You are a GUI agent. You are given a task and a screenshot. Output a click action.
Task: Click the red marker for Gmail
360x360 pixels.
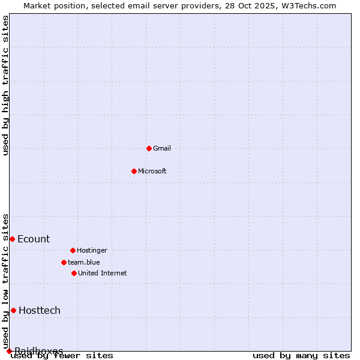149,148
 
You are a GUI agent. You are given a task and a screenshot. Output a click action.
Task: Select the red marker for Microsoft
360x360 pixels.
134,171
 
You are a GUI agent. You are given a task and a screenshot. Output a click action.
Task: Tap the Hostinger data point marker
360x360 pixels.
73,250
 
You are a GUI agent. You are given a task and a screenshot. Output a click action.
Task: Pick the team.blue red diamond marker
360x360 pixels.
64,262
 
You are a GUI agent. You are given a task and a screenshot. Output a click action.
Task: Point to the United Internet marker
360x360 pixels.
74,273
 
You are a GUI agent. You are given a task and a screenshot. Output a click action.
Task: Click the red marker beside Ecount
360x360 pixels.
12,239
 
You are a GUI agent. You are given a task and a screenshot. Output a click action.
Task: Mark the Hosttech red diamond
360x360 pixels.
13,310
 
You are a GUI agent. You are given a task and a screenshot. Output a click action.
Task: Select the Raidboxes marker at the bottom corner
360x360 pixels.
9,351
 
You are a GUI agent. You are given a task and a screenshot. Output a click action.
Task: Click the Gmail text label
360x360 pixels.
161,148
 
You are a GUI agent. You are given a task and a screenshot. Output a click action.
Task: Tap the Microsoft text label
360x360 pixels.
152,171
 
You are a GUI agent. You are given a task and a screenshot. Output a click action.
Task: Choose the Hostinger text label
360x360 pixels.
92,250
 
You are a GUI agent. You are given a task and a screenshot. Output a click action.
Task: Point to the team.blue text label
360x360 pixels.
83,262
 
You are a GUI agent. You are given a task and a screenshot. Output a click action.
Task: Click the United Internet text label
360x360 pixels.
102,273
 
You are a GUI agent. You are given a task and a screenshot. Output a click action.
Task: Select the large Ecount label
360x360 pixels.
34,239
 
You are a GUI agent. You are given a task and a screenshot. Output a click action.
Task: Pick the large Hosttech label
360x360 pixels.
40,310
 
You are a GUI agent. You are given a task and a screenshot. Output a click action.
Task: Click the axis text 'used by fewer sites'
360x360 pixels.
62,356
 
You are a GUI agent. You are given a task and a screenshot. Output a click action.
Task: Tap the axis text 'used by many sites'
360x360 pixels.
301,356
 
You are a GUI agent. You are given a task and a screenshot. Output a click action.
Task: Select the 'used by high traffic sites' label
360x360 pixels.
5,85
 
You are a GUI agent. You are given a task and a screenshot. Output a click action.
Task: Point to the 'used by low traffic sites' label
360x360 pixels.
5,281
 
